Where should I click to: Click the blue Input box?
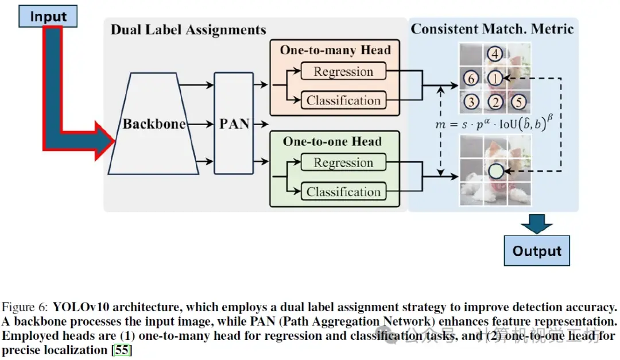click(x=48, y=16)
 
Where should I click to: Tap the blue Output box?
click(x=537, y=251)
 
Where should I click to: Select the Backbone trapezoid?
click(x=154, y=124)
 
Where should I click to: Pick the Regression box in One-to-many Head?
click(x=343, y=72)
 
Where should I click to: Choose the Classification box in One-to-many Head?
click(x=343, y=100)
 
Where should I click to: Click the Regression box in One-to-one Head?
click(x=343, y=163)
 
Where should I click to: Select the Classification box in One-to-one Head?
click(x=343, y=192)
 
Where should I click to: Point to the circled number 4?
click(x=495, y=55)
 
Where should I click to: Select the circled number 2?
click(x=495, y=103)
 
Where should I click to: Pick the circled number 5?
click(x=518, y=103)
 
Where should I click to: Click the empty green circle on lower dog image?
click(x=495, y=171)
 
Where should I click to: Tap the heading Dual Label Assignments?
click(x=188, y=30)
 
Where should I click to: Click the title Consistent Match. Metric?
click(x=493, y=29)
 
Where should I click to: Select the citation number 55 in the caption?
click(x=122, y=350)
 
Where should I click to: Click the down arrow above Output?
click(x=537, y=224)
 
